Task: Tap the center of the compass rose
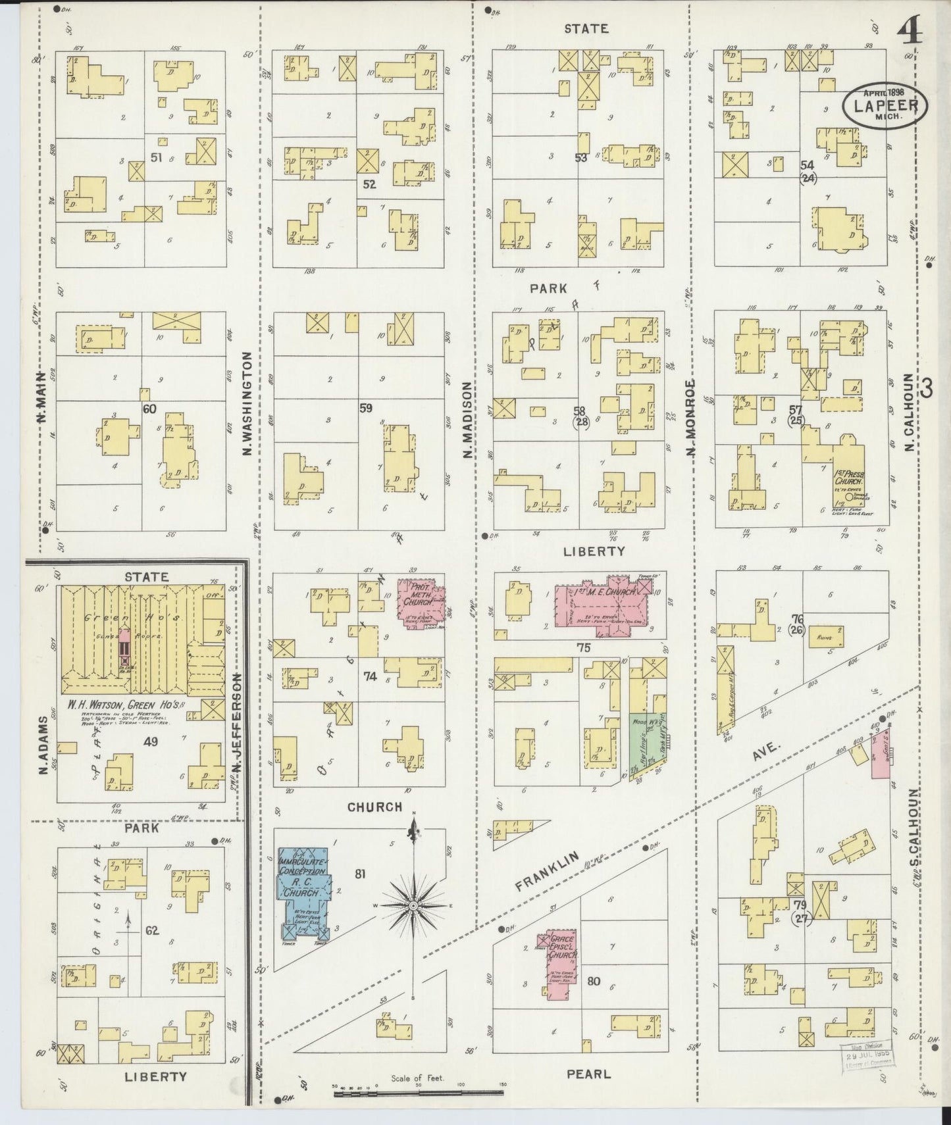click(413, 906)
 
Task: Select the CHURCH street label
click(374, 807)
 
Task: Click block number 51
click(156, 157)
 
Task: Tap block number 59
click(366, 408)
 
